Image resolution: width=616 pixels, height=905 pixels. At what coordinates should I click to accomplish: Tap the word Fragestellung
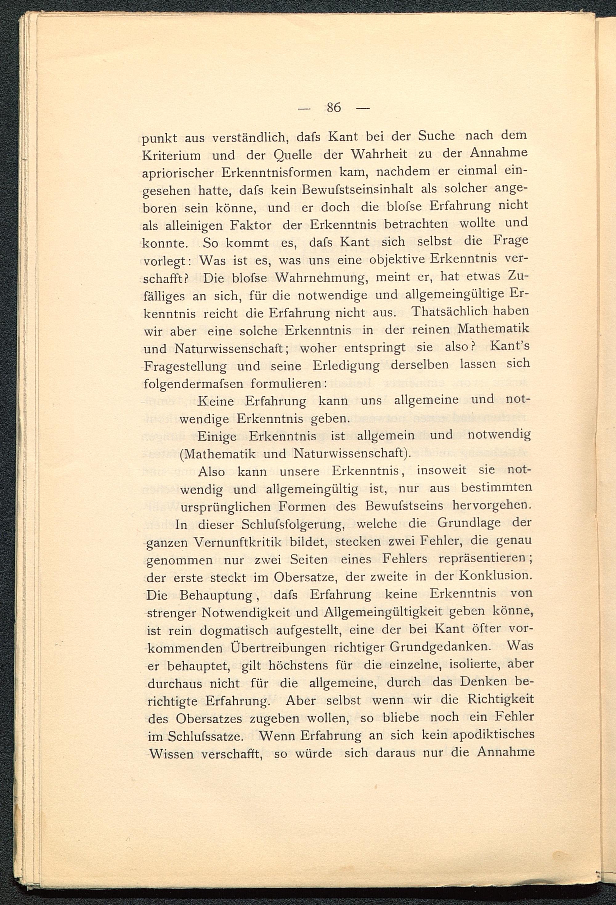point(185,366)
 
